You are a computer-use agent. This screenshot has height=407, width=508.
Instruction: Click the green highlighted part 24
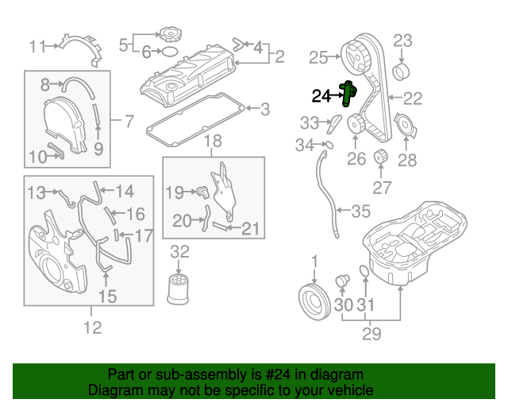coord(347,94)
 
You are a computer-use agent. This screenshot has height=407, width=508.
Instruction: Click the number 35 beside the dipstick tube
coord(361,211)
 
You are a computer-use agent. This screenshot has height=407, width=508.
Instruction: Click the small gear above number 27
coord(379,156)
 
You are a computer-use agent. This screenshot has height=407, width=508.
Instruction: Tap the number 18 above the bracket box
coord(214,142)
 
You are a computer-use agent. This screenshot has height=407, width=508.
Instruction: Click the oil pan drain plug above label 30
coord(344,280)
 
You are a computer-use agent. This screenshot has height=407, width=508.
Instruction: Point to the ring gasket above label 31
coord(364,273)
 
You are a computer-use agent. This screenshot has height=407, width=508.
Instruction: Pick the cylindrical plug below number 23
coord(402,74)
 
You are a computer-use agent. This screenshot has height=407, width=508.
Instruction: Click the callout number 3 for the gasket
coord(265,108)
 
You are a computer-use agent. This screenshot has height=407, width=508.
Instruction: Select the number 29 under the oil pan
coord(371,334)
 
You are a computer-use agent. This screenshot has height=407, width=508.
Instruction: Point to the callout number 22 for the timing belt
coord(414,99)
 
